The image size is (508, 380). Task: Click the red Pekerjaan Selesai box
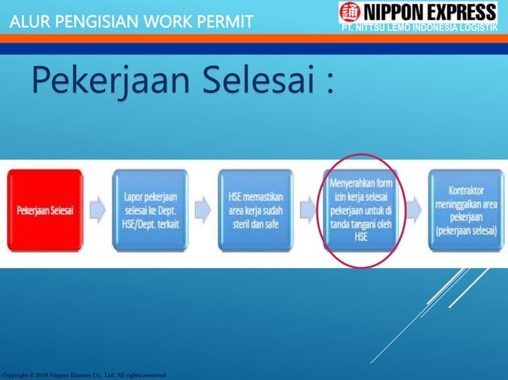(x=46, y=211)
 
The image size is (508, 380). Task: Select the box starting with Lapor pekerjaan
(x=150, y=211)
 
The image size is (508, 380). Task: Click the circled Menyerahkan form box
(x=361, y=210)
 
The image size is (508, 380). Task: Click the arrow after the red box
(x=98, y=211)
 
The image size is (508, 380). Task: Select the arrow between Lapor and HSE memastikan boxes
(x=202, y=211)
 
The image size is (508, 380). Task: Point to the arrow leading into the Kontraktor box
(x=415, y=211)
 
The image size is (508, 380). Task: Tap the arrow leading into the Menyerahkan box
(x=308, y=211)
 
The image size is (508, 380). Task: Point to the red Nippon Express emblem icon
(x=350, y=13)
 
